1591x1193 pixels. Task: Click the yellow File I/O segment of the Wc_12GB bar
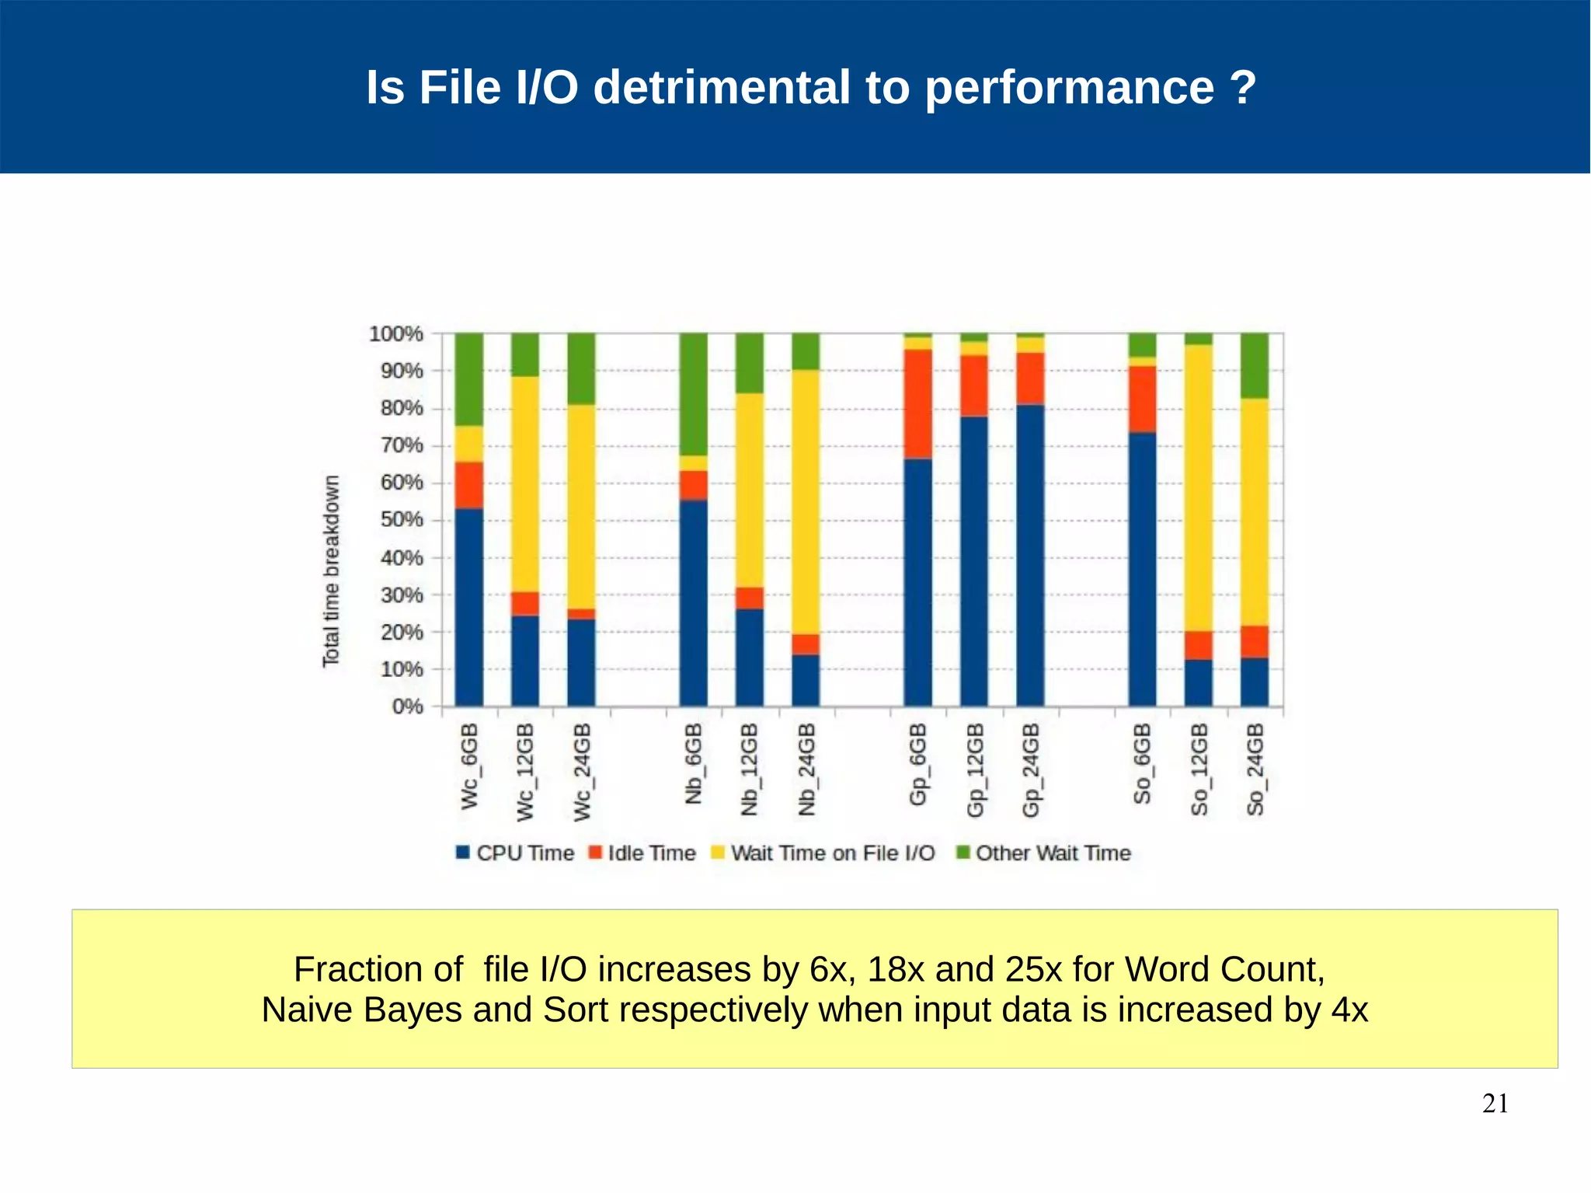(525, 483)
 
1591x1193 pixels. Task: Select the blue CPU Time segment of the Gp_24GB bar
(1030, 555)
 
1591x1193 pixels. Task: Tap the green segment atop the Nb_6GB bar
(693, 393)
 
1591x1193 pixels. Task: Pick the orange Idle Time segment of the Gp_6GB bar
(917, 404)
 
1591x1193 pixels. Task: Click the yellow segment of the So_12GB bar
(1198, 488)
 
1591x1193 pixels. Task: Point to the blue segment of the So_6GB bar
(1142, 569)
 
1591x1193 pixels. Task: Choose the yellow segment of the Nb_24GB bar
(806, 502)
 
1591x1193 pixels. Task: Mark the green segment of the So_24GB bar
(1254, 365)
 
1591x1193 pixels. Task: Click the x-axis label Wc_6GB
(470, 766)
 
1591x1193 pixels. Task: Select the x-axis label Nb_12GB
(749, 769)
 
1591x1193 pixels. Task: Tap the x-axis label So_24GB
(1255, 769)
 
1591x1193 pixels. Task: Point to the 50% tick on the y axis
(402, 520)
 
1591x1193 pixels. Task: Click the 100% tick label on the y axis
(396, 334)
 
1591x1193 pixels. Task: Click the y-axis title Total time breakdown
(332, 570)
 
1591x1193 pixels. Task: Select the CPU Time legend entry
(515, 853)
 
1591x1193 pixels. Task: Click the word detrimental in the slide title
(722, 87)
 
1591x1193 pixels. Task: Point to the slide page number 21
(1495, 1104)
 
